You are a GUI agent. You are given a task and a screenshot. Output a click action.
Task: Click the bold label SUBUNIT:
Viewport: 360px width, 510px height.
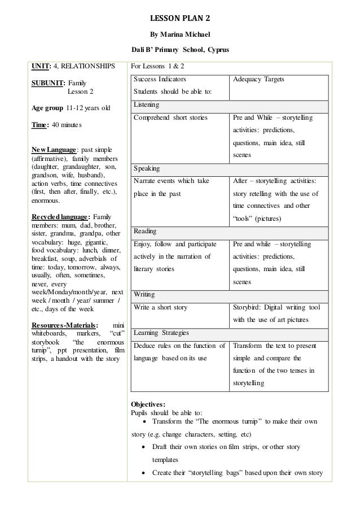click(48, 82)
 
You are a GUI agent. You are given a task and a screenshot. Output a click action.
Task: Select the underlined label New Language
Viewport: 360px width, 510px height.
click(53, 149)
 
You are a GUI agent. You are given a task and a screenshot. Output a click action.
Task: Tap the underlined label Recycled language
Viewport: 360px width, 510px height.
click(60, 217)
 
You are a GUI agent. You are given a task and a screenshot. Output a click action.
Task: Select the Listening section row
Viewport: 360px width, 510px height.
click(230, 105)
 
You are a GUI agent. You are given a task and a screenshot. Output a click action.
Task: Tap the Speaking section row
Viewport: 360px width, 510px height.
click(230, 169)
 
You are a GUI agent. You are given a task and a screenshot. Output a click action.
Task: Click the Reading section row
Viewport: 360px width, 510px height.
click(230, 231)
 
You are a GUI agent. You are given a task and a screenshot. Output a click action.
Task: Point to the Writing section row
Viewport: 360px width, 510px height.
click(230, 295)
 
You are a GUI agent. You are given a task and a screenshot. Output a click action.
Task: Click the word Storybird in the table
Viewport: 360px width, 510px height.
click(247, 308)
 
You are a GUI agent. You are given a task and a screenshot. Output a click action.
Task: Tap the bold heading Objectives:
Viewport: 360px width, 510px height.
click(148, 405)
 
